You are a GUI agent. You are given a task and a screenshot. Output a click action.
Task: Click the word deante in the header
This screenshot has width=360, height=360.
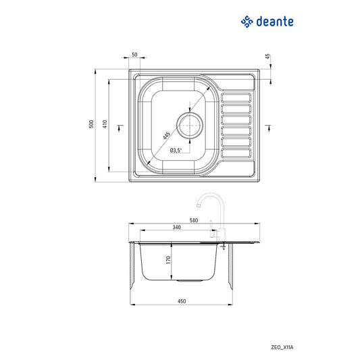pyautogui.click(x=274, y=22)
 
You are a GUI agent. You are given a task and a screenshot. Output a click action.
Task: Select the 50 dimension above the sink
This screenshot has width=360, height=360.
pyautogui.click(x=134, y=55)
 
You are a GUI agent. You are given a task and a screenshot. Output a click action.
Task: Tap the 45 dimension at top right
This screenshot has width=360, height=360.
pyautogui.click(x=268, y=57)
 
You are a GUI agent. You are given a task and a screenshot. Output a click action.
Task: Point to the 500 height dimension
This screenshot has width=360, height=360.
pyautogui.click(x=90, y=126)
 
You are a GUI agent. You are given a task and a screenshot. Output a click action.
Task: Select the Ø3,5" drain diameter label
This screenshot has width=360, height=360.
pyautogui.click(x=176, y=151)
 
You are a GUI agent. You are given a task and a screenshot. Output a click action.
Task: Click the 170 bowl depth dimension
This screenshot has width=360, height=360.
pyautogui.click(x=170, y=260)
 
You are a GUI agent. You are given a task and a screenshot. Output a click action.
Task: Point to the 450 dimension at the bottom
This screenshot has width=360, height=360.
pyautogui.click(x=182, y=301)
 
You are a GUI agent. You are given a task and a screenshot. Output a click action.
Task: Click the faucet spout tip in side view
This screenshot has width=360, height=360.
pyautogui.click(x=197, y=207)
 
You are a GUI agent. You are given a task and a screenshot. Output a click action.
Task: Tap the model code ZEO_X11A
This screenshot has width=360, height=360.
pyautogui.click(x=291, y=346)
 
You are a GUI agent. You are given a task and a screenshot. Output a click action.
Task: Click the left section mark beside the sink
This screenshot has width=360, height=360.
pyautogui.click(x=120, y=126)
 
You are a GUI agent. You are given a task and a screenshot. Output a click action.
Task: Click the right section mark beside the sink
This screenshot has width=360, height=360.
pyautogui.click(x=267, y=126)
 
